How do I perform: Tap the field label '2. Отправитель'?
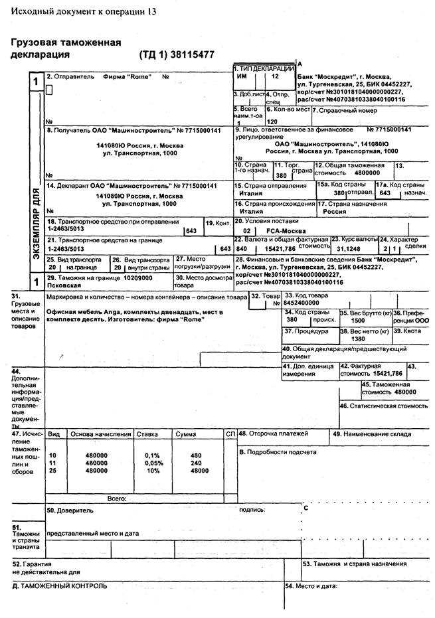click(72, 77)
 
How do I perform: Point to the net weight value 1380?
click(358, 339)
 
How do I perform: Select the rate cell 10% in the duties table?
click(153, 470)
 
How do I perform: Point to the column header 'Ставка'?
click(147, 434)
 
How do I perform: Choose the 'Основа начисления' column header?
click(101, 434)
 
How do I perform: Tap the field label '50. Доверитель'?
click(70, 510)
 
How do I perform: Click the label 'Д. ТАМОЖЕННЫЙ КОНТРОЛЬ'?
click(60, 586)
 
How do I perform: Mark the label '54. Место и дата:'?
click(311, 586)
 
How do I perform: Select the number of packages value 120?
click(272, 122)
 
